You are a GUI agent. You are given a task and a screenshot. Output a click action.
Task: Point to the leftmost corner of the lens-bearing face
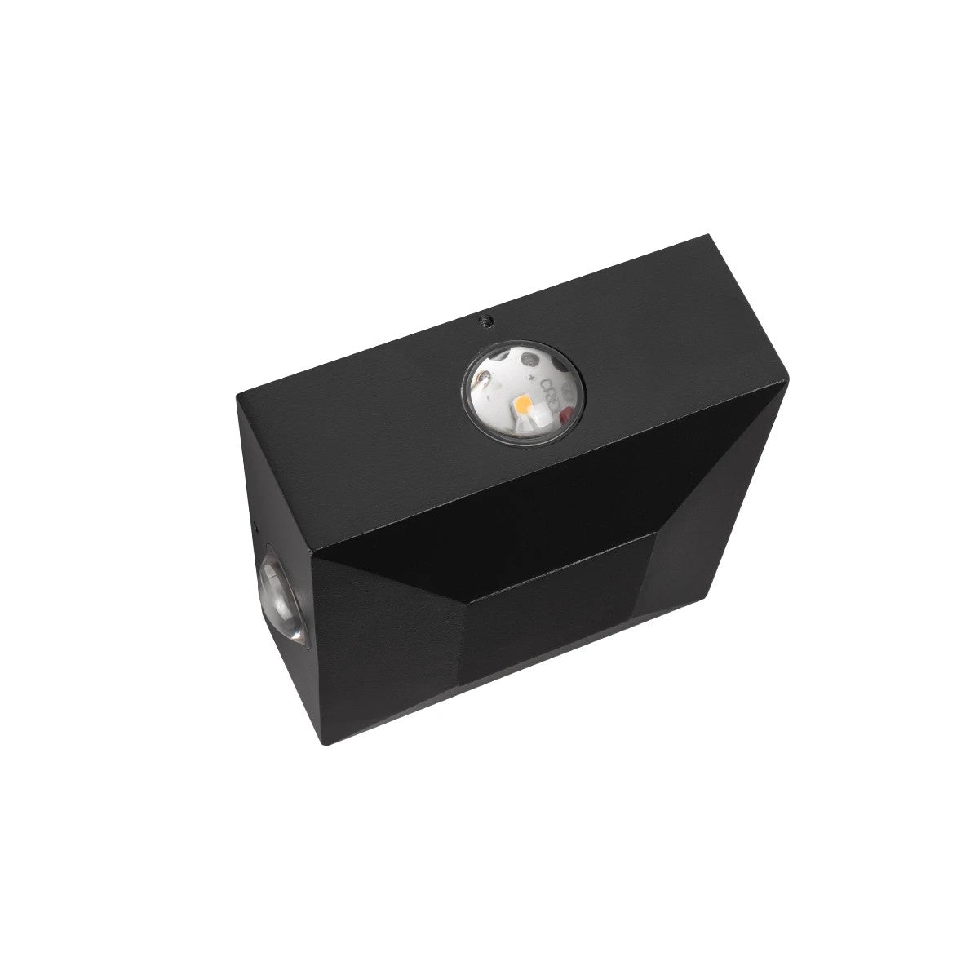coord(237,396)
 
